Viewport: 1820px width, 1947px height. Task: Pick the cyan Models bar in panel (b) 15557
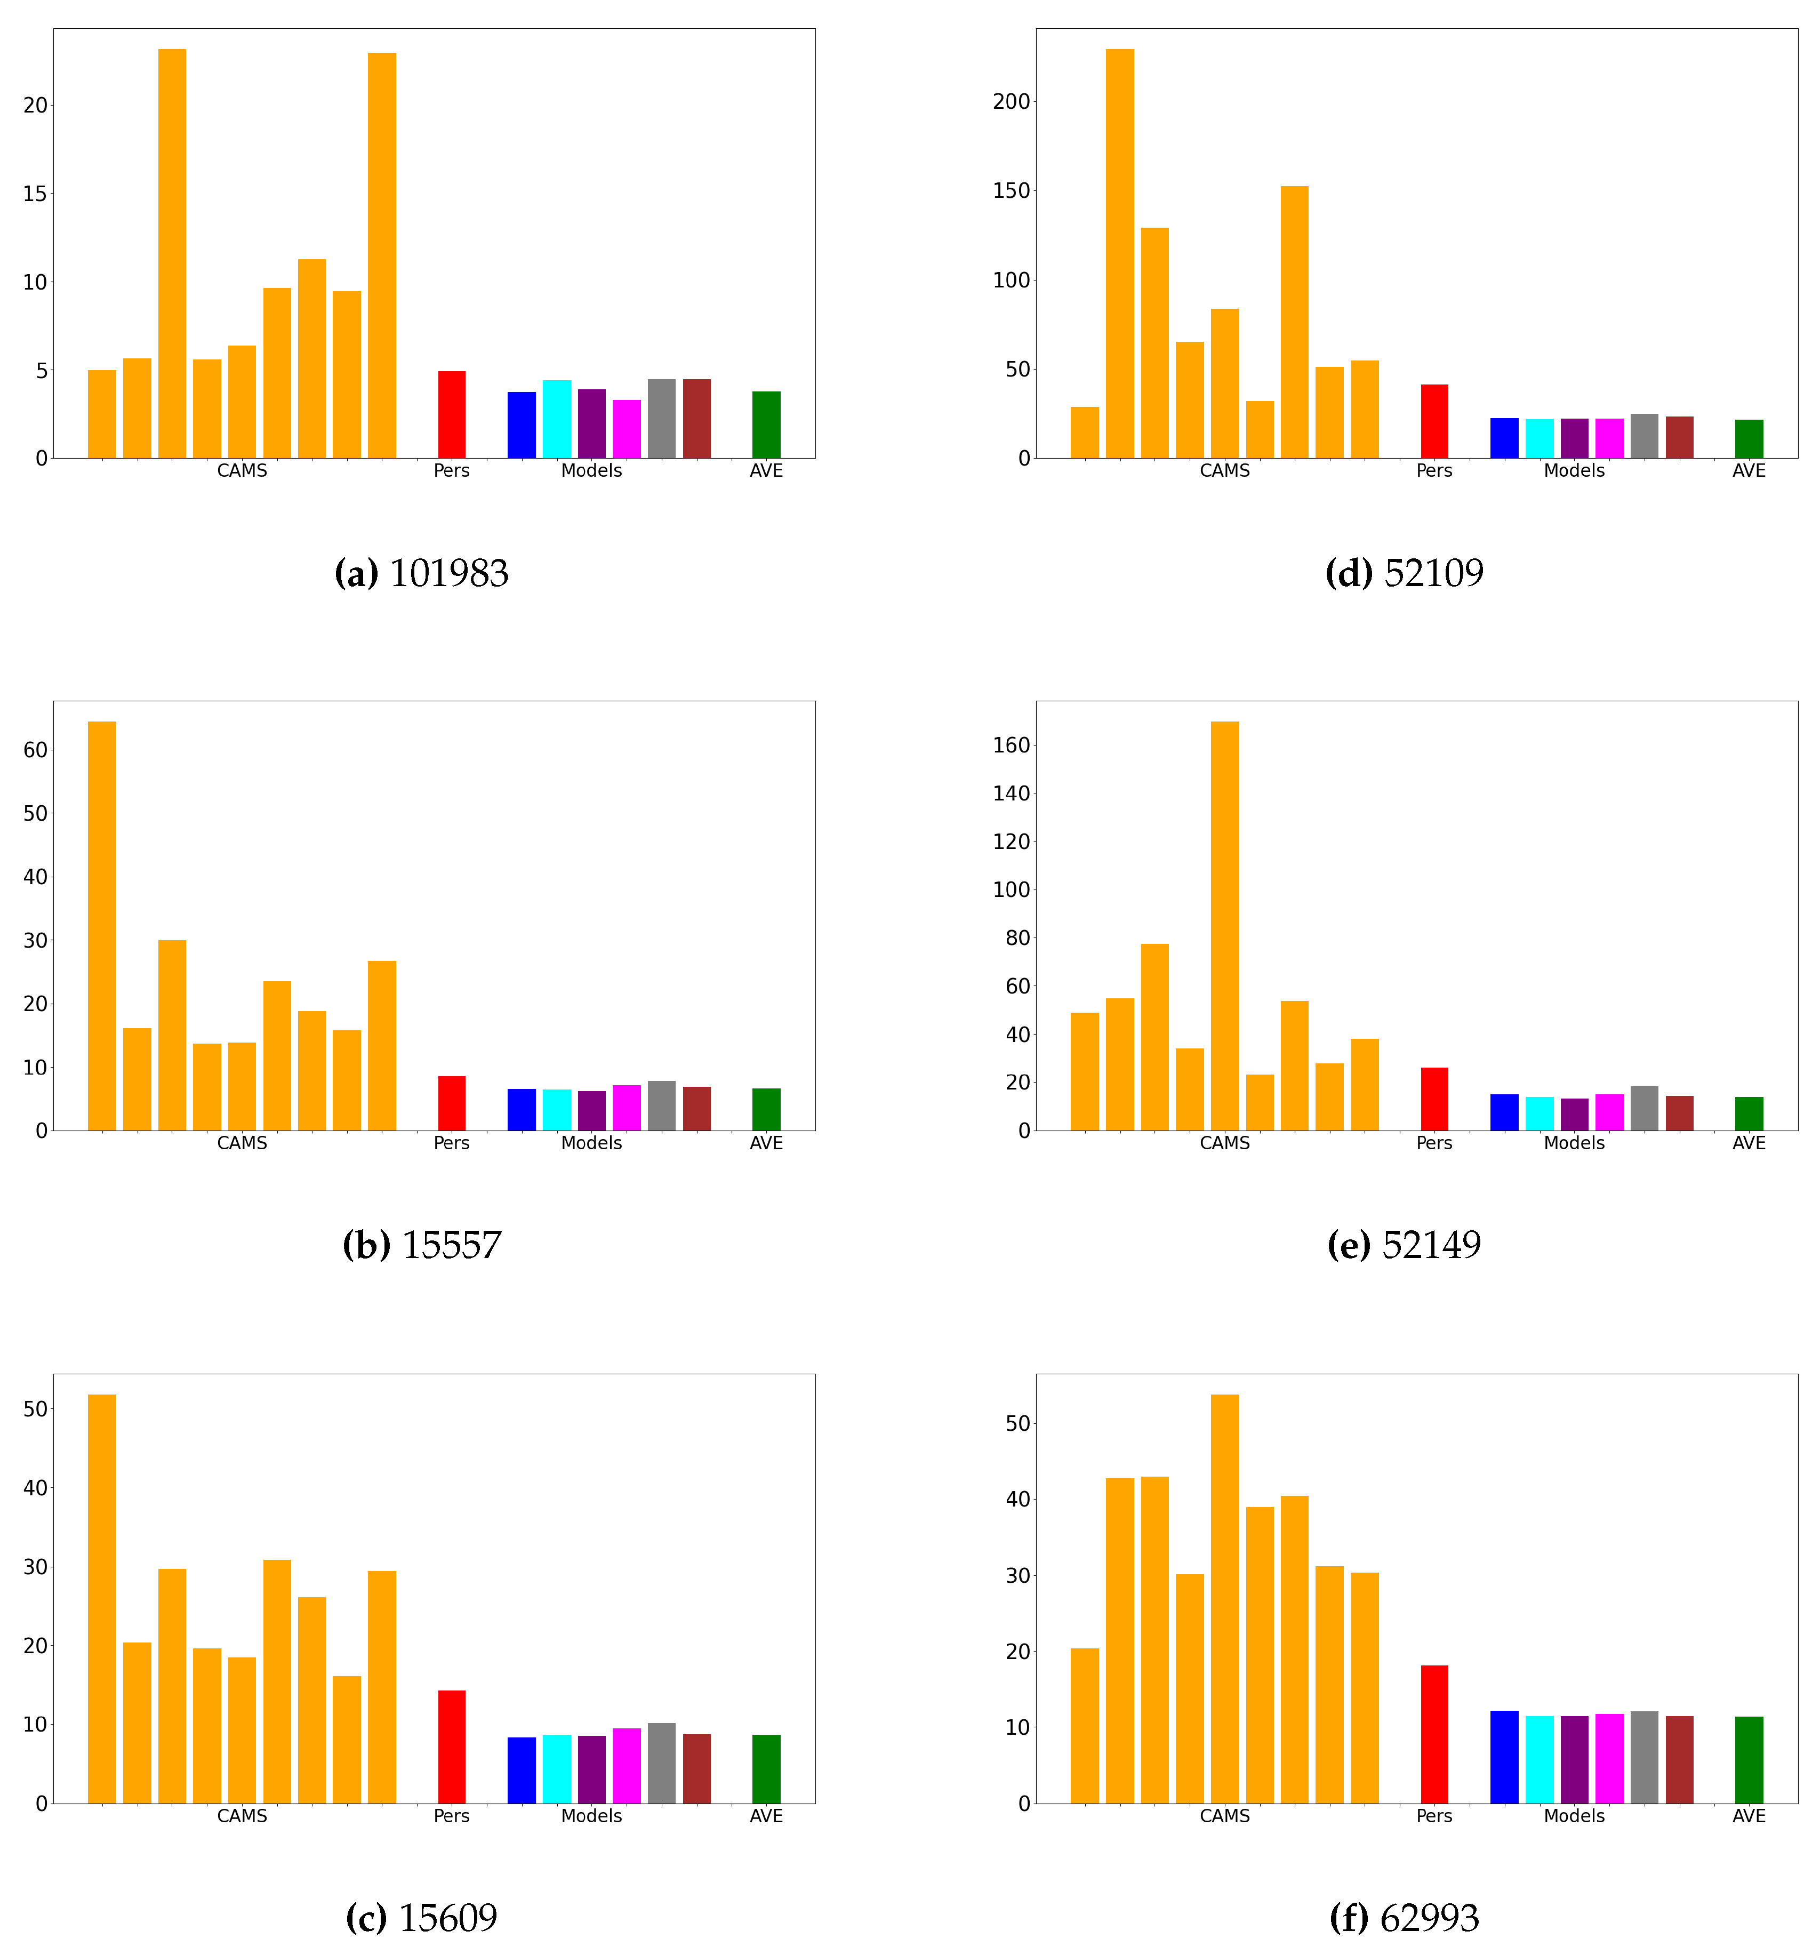pyautogui.click(x=556, y=1110)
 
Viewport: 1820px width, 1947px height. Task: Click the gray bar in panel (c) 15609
pyautogui.click(x=661, y=1763)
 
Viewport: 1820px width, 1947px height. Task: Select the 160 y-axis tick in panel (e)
pyautogui.click(x=1011, y=746)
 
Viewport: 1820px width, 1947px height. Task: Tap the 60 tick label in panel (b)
pyautogui.click(x=35, y=750)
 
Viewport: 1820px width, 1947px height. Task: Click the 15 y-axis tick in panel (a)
pyautogui.click(x=35, y=194)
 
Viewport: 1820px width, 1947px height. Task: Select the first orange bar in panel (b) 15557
pyautogui.click(x=102, y=926)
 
